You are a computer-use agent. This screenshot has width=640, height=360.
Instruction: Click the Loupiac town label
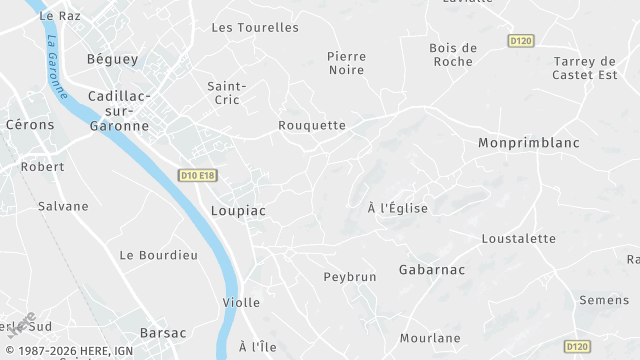(238, 211)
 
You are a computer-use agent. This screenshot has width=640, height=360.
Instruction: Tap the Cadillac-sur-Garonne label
(118, 110)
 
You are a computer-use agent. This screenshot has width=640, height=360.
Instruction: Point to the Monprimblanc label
(529, 143)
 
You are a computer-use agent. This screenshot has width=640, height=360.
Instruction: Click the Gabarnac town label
(431, 270)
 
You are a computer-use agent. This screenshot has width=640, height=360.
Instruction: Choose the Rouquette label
(312, 125)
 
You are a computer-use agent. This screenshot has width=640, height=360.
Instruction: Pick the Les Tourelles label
(255, 27)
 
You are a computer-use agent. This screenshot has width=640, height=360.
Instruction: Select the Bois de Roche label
(453, 54)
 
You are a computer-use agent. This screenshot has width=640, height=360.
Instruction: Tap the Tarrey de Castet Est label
(588, 68)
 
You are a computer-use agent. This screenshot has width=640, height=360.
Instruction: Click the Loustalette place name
(518, 238)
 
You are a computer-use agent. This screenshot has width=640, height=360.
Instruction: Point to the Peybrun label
(348, 275)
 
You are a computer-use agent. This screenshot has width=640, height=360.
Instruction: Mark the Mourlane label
(430, 338)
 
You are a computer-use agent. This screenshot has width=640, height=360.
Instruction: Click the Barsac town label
(163, 332)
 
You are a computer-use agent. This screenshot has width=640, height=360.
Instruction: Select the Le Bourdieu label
(158, 255)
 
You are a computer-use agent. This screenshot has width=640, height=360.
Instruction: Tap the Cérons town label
(29, 125)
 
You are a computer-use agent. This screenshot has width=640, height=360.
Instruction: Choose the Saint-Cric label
(226, 93)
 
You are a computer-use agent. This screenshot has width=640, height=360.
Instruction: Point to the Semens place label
(603, 300)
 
